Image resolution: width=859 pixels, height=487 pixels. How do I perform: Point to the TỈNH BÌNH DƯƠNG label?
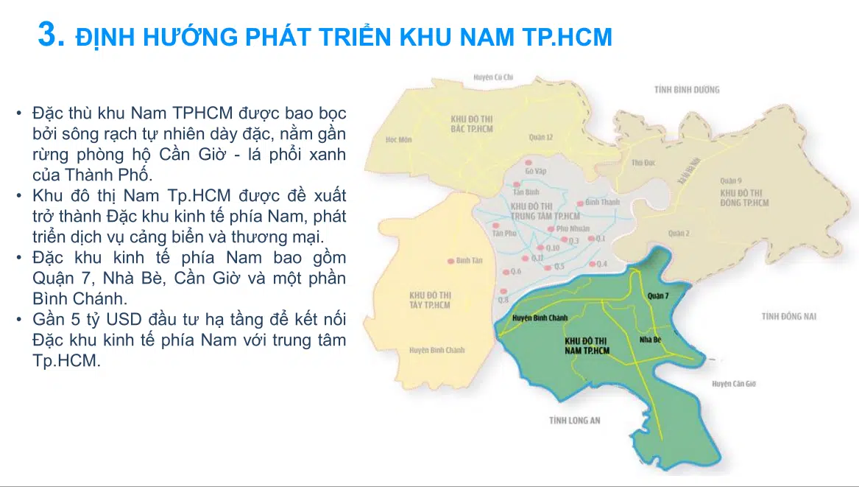pos(687,90)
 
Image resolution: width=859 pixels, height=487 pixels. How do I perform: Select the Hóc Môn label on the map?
pos(399,139)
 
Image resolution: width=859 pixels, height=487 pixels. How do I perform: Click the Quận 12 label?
pos(541,137)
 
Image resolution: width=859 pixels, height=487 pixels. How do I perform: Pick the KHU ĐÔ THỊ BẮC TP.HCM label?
pos(472,124)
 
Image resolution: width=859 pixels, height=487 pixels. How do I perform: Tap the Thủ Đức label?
pos(643,162)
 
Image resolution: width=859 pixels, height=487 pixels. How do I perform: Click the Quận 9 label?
pos(729,180)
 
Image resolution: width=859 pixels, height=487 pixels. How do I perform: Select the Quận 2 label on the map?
pos(679,234)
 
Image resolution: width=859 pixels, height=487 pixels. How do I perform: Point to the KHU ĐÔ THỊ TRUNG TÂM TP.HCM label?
pos(535,211)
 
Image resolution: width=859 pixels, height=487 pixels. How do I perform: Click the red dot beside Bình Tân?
pos(450,261)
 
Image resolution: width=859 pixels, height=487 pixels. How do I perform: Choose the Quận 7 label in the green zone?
pos(658,295)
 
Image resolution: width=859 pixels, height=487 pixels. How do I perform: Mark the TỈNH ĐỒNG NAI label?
pos(789,317)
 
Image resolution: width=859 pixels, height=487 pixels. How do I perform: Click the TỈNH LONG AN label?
pos(575,420)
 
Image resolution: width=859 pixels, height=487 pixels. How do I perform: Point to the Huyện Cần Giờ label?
pos(734,384)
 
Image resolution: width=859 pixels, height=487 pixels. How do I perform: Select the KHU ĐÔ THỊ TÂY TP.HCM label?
pos(431,300)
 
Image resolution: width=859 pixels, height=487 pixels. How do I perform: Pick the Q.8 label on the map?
pos(503,300)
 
